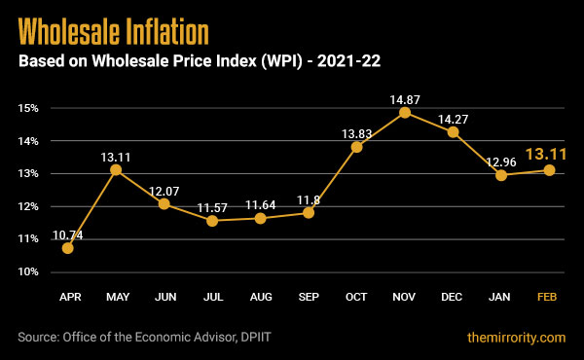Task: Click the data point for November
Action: pos(405,113)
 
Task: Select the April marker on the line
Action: pos(67,248)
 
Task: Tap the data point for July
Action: pos(212,221)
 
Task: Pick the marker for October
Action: pos(356,147)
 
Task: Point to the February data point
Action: pos(550,170)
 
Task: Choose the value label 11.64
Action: pos(261,204)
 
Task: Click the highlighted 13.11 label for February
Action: pos(546,153)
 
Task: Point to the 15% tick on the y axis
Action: pos(26,108)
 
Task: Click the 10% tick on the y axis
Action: pos(26,271)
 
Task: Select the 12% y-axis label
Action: pos(26,206)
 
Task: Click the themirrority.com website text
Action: pos(515,338)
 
